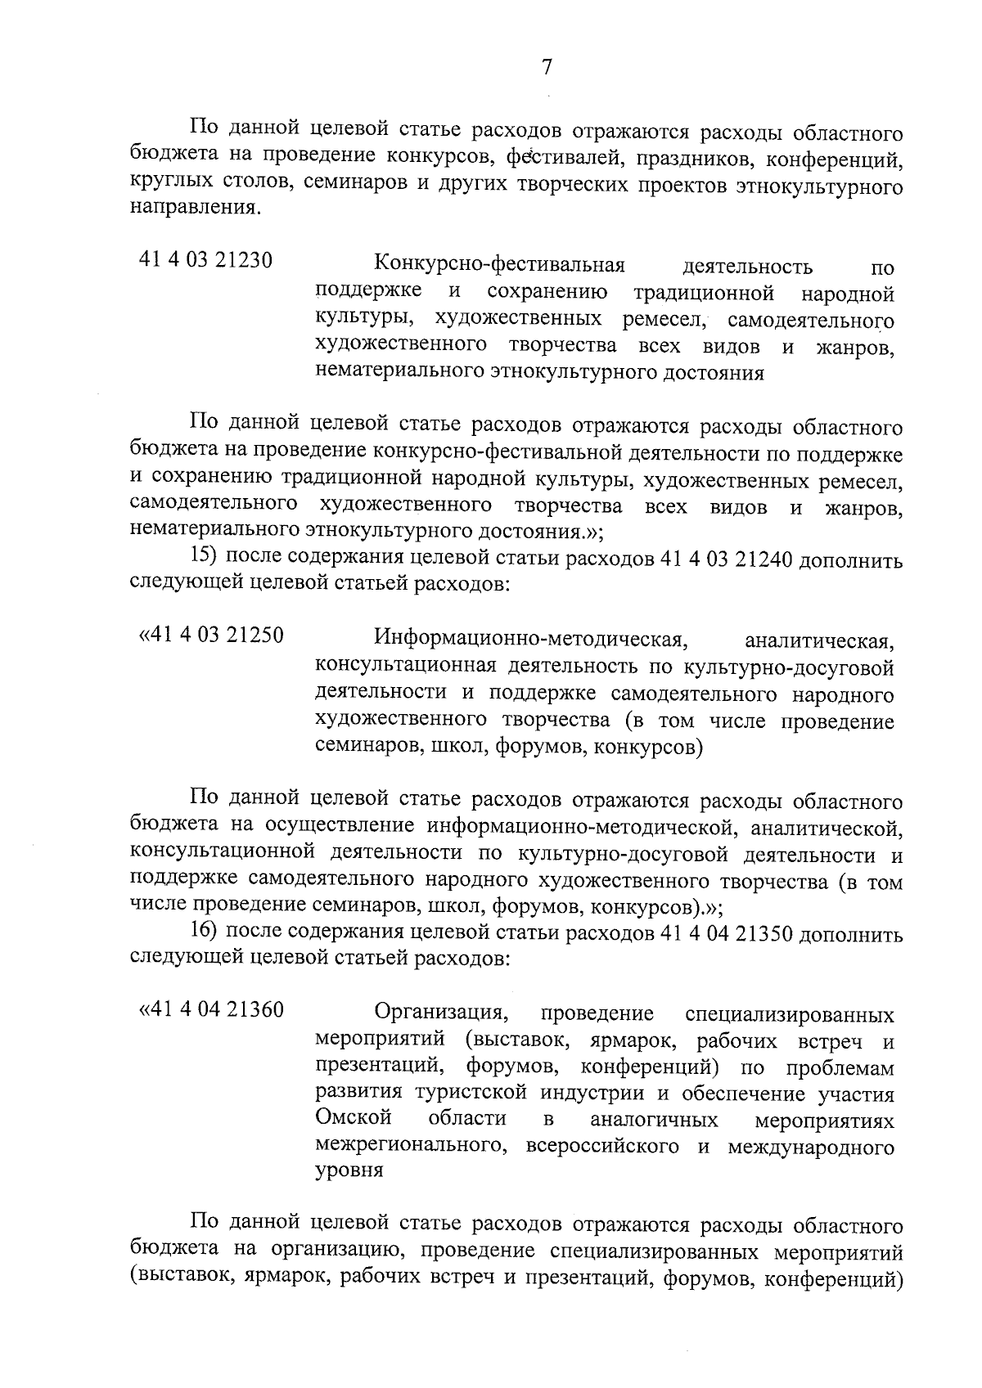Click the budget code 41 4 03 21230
click(205, 261)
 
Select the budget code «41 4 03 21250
click(212, 634)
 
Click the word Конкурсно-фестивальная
click(499, 265)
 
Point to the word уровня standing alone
click(349, 1170)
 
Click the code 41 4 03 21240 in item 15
click(724, 560)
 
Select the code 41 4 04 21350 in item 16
click(724, 934)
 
